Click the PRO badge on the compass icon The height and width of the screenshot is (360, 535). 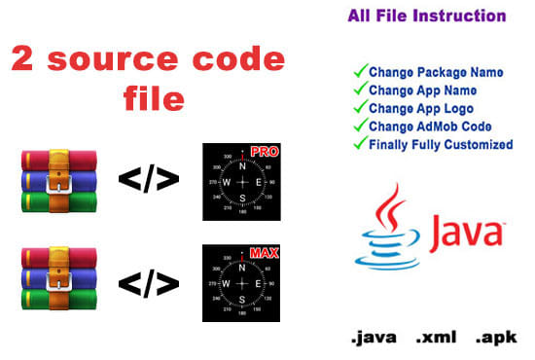264,153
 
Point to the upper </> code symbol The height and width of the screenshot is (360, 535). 147,180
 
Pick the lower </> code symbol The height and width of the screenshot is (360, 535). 147,281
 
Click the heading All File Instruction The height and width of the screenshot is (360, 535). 427,17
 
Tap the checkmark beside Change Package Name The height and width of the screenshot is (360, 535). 359,71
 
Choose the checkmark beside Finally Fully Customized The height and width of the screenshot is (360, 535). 359,145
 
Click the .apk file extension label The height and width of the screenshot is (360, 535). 496,340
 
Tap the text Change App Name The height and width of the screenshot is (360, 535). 420,90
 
